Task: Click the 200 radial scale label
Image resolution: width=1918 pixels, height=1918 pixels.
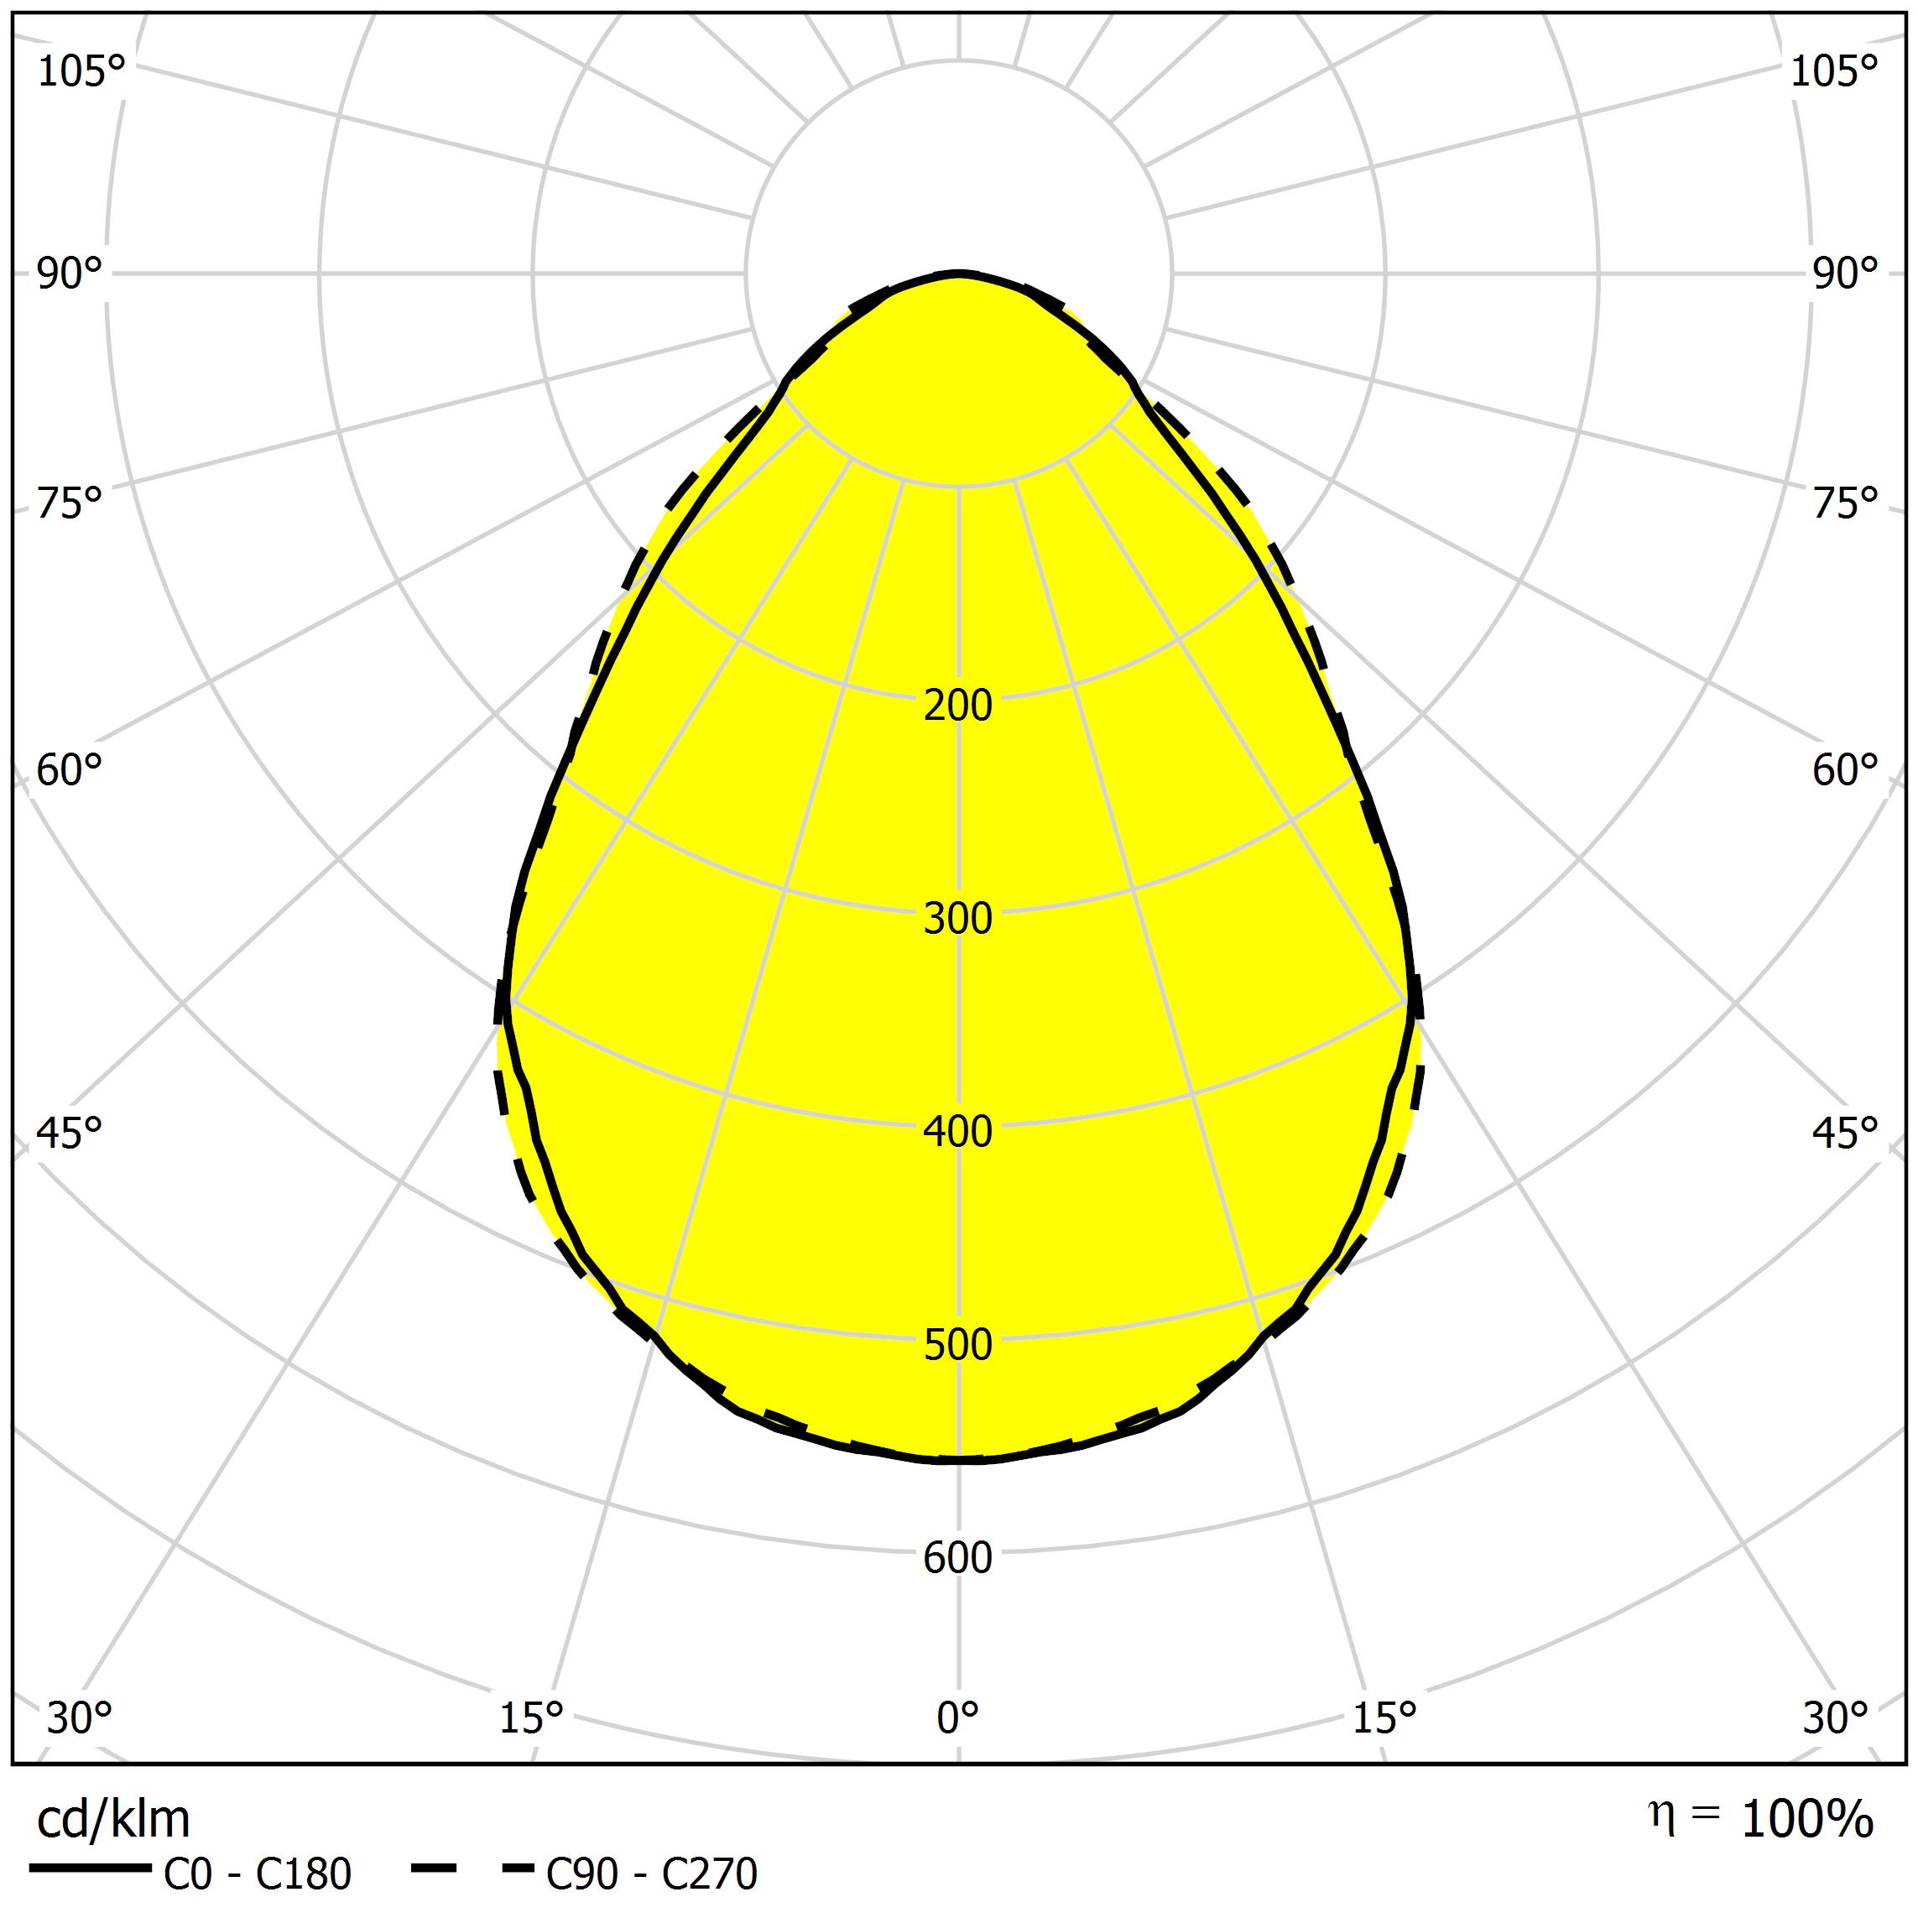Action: click(x=958, y=706)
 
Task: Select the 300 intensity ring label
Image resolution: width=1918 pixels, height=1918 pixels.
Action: click(x=958, y=920)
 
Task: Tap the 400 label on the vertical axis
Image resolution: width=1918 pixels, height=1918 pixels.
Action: click(x=958, y=1133)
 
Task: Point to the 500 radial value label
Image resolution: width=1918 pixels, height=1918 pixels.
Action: click(x=958, y=1345)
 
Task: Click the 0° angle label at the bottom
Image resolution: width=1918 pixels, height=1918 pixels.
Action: click(x=958, y=1718)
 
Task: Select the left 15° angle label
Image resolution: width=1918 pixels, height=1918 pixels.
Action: click(x=531, y=1718)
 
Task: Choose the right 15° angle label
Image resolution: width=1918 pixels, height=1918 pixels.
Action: click(x=1385, y=1718)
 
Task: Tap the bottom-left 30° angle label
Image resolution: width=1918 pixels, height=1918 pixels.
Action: click(x=80, y=1718)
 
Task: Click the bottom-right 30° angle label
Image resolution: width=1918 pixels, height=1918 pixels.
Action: click(x=1837, y=1718)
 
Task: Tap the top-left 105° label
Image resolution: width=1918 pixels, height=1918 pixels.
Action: click(x=81, y=72)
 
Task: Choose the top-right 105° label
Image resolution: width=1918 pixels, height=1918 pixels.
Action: click(x=1835, y=72)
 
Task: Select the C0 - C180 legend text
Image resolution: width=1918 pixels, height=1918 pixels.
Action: click(x=257, y=1875)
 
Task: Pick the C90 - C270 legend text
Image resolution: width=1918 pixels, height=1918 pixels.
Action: click(x=652, y=1875)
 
